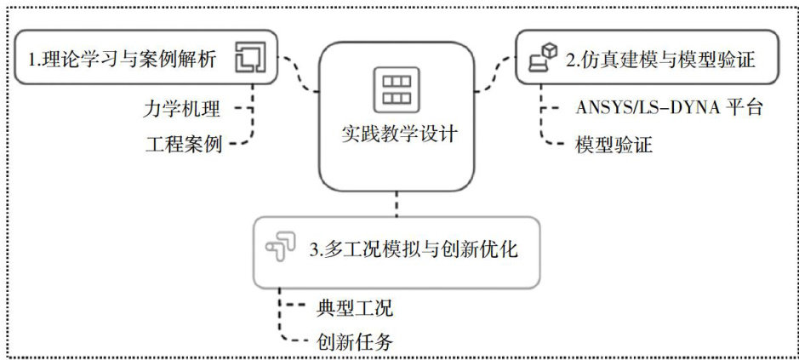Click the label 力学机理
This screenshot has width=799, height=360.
tap(183, 109)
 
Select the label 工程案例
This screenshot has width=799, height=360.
tap(183, 144)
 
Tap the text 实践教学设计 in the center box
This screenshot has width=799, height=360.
tap(397, 134)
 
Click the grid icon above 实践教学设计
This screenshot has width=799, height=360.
tap(396, 88)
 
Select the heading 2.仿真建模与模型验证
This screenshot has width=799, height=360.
tap(659, 60)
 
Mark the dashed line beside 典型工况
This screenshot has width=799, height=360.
tap(294, 306)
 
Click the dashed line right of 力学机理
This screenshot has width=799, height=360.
tap(243, 109)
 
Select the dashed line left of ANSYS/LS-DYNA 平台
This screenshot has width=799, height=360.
tap(554, 109)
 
